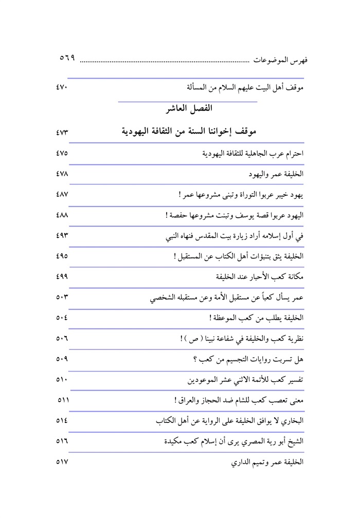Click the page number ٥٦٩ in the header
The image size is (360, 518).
[x=67, y=59]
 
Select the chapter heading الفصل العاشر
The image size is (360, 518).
[x=187, y=109]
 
